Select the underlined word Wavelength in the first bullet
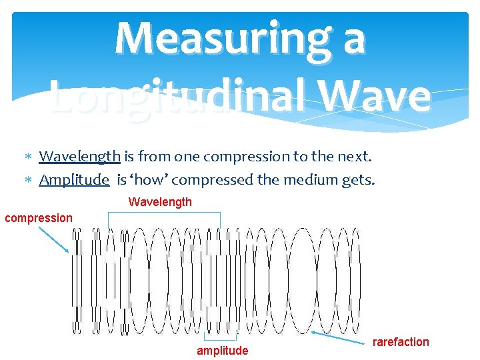[x=79, y=157]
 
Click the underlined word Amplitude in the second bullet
[x=74, y=179]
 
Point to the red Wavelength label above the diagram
[x=160, y=202]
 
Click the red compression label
[x=39, y=218]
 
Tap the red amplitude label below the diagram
[x=222, y=351]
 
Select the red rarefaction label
[x=401, y=342]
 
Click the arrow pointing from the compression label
[x=53, y=239]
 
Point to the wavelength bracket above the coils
[x=164, y=213]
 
